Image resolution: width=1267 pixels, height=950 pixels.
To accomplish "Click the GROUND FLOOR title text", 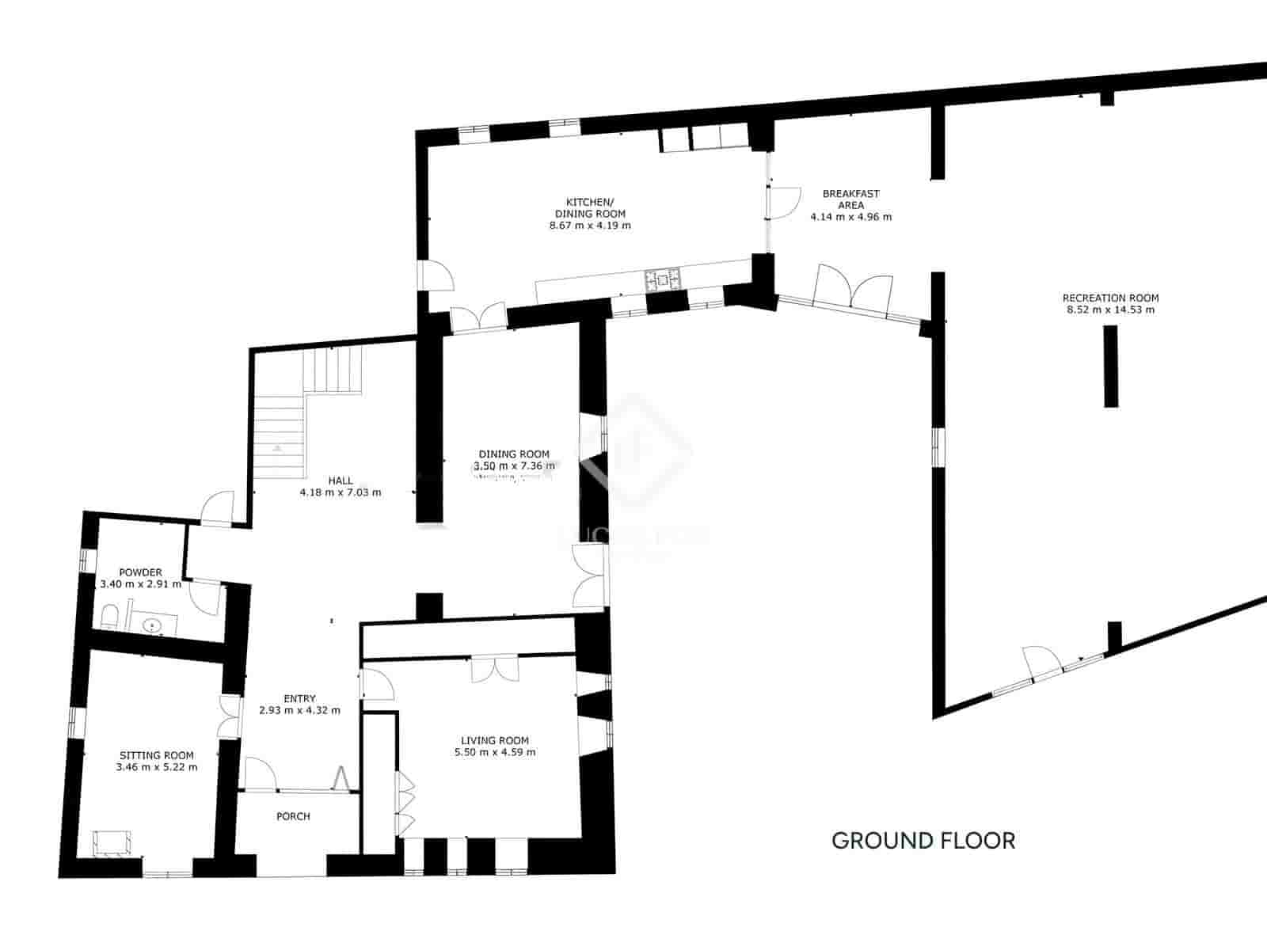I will pos(923,840).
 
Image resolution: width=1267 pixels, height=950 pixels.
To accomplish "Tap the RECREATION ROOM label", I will pos(1110,298).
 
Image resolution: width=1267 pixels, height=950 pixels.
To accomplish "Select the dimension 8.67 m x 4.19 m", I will pos(590,226).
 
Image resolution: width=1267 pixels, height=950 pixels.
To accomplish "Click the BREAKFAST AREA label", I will pos(850,199).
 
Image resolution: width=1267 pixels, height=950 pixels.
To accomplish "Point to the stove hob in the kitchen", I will pos(662,278).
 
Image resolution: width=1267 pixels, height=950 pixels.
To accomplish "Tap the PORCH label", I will pos(293,816).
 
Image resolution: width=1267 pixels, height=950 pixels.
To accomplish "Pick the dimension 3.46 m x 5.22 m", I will pos(157,767).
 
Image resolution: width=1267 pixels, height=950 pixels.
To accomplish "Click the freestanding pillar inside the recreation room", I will pos(1112,366).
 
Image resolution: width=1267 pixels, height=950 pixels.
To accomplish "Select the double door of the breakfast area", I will pos(854,289).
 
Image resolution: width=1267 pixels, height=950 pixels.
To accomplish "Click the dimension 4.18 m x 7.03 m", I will pos(341,492).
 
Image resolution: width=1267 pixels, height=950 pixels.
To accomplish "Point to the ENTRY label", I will pos(299,698).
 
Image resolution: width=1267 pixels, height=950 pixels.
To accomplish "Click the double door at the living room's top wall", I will pos(495,669).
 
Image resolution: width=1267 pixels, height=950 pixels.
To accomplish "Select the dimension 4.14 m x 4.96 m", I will pos(850,217).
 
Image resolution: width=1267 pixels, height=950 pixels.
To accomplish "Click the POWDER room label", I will pos(140,572).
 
